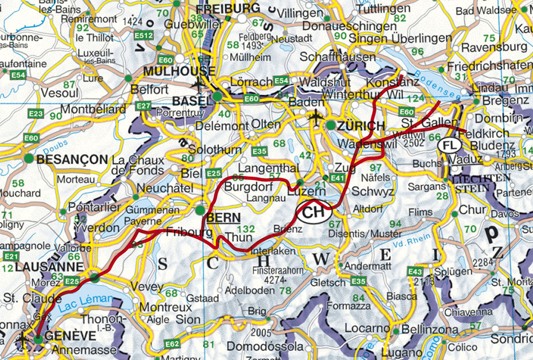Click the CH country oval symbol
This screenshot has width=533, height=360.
point(314,213)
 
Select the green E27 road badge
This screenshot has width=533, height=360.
point(143,106)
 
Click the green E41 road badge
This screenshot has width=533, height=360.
point(336,178)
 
